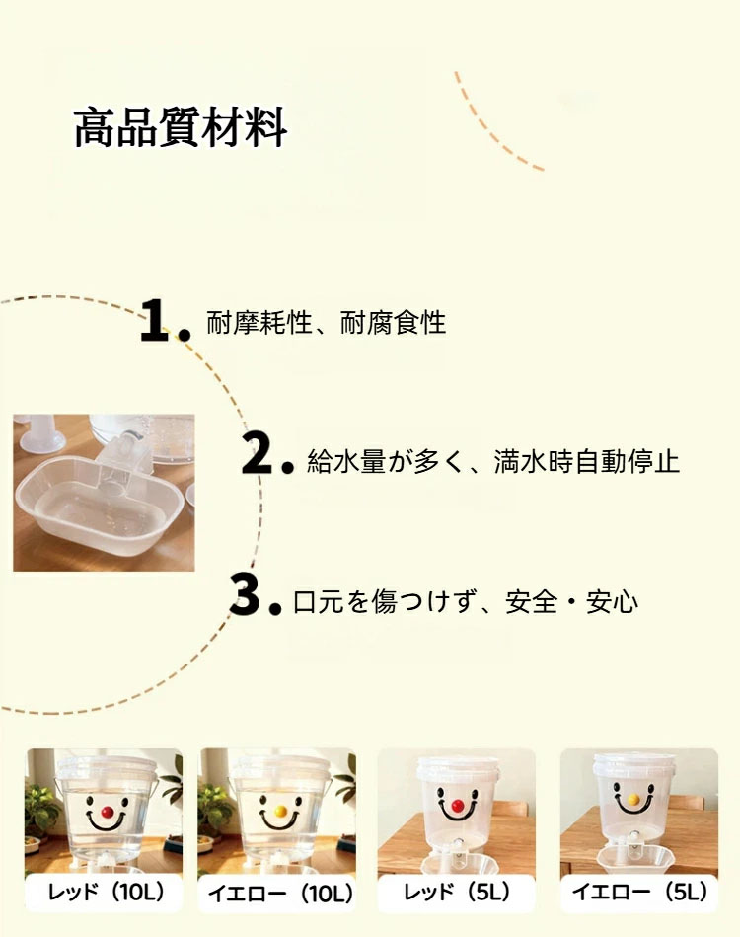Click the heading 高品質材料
click(181, 128)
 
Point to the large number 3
click(245, 594)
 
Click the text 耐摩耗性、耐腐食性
click(327, 323)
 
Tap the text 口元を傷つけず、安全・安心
click(466, 601)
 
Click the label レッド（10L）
click(107, 893)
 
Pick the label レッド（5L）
click(458, 893)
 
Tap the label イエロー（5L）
click(640, 893)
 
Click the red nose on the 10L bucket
click(108, 812)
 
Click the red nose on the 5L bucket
click(458, 806)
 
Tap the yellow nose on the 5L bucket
click(634, 800)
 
